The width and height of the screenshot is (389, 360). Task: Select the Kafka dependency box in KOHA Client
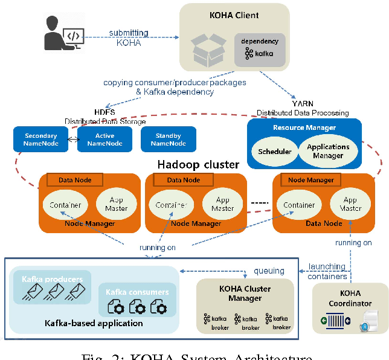click(260, 48)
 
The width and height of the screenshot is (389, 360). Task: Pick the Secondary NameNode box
click(40, 139)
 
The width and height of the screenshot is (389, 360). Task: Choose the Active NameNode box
click(104, 139)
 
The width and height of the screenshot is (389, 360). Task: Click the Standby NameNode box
click(169, 139)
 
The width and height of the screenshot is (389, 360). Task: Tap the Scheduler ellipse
click(275, 151)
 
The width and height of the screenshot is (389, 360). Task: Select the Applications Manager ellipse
click(328, 151)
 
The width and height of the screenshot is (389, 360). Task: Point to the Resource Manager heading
click(304, 127)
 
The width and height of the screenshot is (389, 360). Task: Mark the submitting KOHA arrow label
click(125, 37)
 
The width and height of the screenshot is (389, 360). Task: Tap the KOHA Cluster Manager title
click(245, 293)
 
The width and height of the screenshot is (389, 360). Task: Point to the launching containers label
click(327, 271)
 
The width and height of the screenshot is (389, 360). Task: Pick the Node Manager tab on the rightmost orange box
click(311, 180)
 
